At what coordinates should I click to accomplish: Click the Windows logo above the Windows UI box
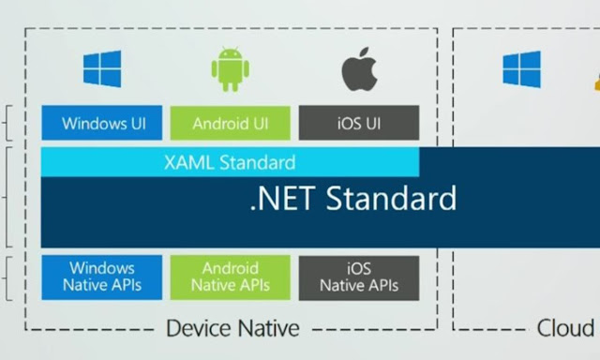(x=102, y=69)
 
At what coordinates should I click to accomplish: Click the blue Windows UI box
(x=102, y=123)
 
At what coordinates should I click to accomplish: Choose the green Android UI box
(x=231, y=123)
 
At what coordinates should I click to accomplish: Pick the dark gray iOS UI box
(x=359, y=123)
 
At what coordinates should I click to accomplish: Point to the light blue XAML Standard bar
(x=231, y=162)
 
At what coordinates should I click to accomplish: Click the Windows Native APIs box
(x=102, y=277)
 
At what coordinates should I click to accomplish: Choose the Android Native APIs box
(x=231, y=277)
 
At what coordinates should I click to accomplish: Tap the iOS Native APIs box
(x=359, y=277)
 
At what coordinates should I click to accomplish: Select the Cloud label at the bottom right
(x=565, y=328)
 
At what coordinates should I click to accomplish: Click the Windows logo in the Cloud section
(x=521, y=69)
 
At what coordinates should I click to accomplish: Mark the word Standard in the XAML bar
(x=257, y=162)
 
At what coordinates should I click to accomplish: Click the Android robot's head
(x=231, y=57)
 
